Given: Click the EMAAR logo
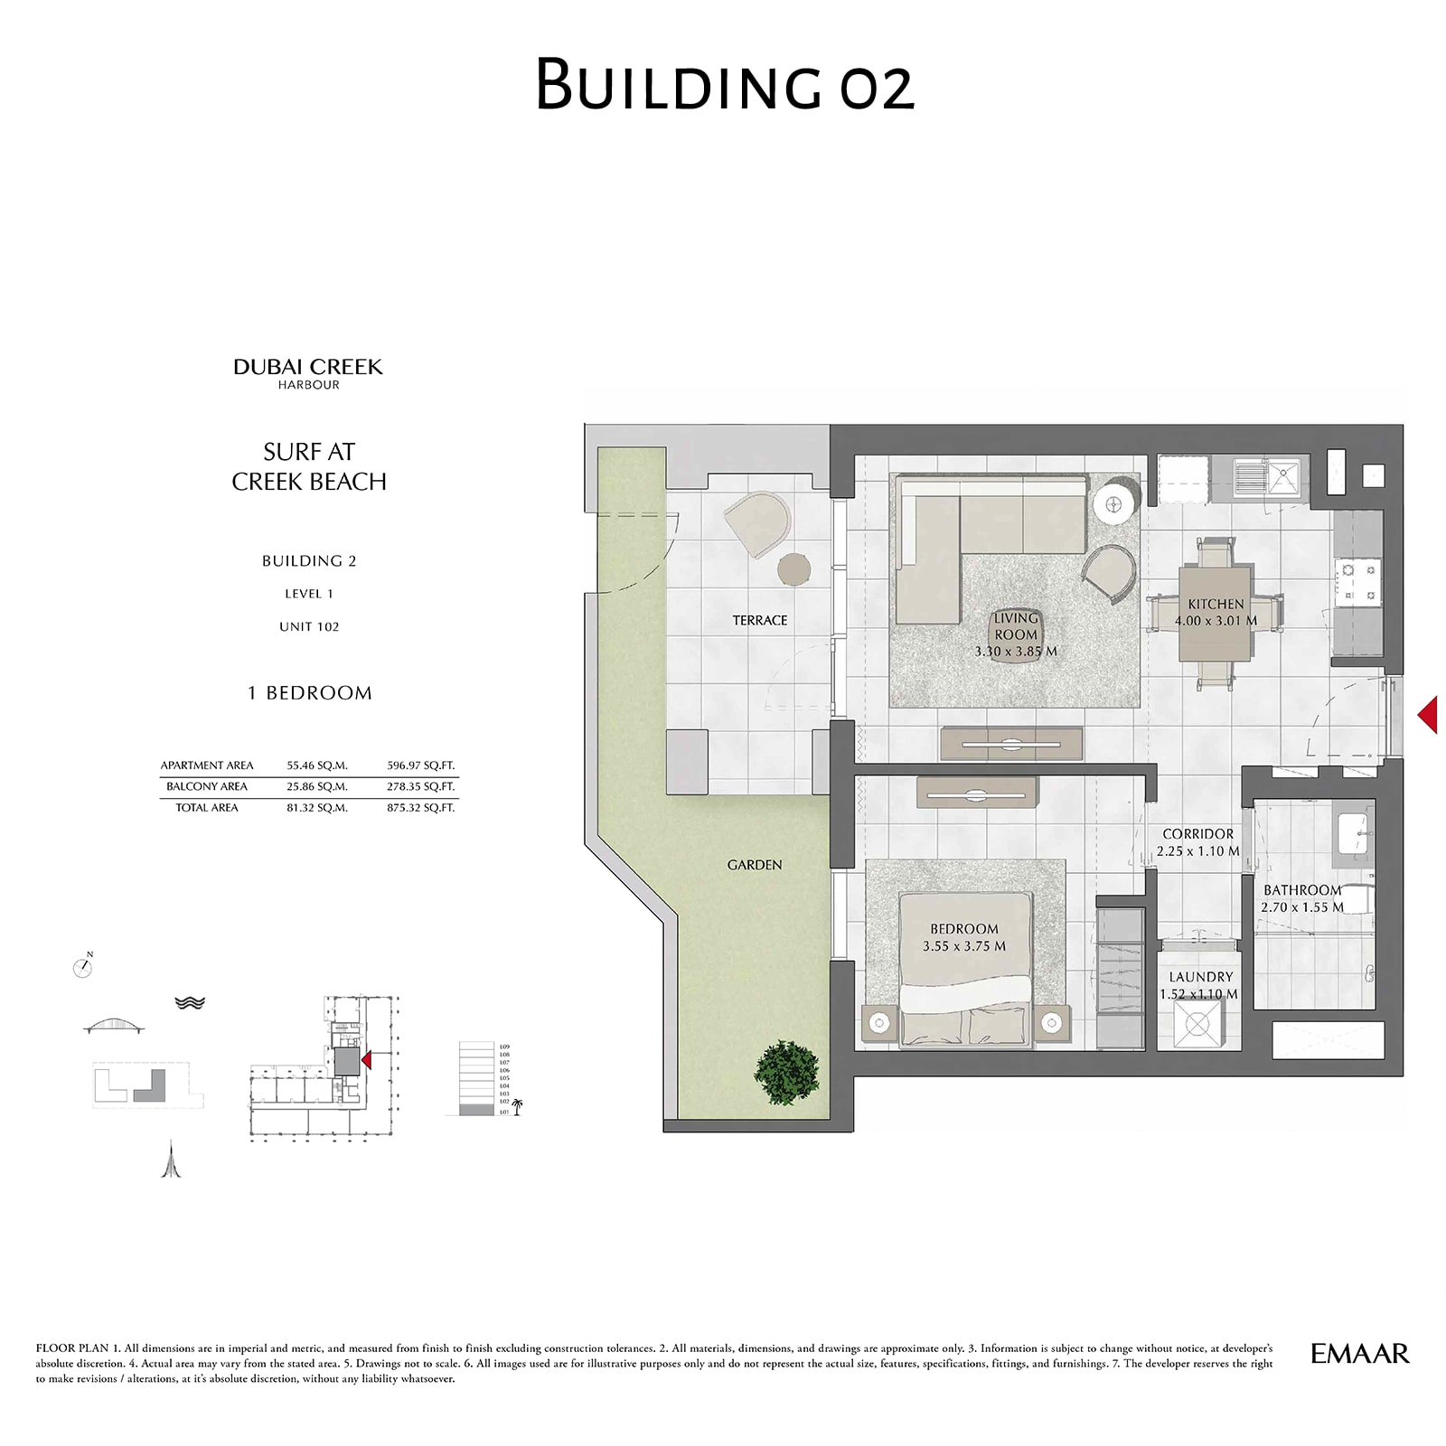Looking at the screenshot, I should pyautogui.click(x=1359, y=1354).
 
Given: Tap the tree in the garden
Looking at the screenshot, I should pyautogui.click(x=787, y=1072).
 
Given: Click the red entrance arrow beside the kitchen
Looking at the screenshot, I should pyautogui.click(x=1428, y=714).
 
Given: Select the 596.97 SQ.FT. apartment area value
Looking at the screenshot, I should pyautogui.click(x=420, y=765).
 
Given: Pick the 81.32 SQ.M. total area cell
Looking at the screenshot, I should pyautogui.click(x=317, y=808).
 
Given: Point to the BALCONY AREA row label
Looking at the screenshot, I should pyautogui.click(x=207, y=786).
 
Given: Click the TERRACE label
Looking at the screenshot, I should pyautogui.click(x=759, y=620).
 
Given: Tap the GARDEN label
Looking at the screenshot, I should pyautogui.click(x=755, y=865).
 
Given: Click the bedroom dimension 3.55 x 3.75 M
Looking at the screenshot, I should pyautogui.click(x=963, y=946).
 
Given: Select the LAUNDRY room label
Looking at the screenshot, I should pyautogui.click(x=1200, y=977).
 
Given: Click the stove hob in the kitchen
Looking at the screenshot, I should pyautogui.click(x=1358, y=582).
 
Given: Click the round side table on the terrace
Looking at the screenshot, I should pyautogui.click(x=793, y=569).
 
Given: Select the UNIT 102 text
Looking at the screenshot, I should pyautogui.click(x=309, y=626).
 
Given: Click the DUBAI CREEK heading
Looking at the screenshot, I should pyautogui.click(x=308, y=367).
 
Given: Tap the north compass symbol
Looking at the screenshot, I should pyautogui.click(x=83, y=967).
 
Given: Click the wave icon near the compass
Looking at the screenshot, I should pyautogui.click(x=190, y=1002).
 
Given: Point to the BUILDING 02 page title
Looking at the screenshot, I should pyautogui.click(x=725, y=85).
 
